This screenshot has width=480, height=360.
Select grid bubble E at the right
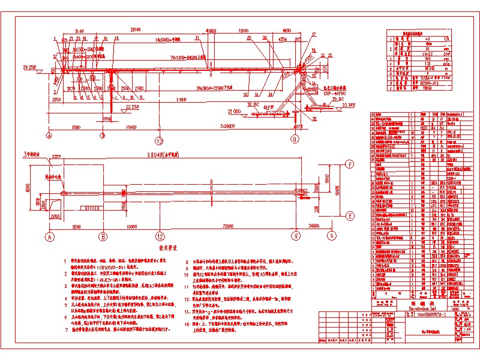point(349,215)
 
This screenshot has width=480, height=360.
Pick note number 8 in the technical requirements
point(187,262)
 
